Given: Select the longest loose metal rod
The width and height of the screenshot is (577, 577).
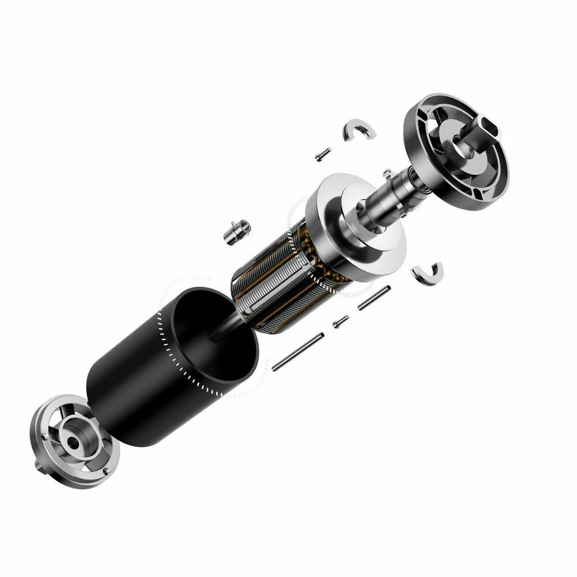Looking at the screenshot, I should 297,352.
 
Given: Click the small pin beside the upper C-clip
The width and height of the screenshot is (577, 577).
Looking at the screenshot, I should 323,154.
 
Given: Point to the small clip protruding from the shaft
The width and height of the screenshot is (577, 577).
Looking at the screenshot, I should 386,173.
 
